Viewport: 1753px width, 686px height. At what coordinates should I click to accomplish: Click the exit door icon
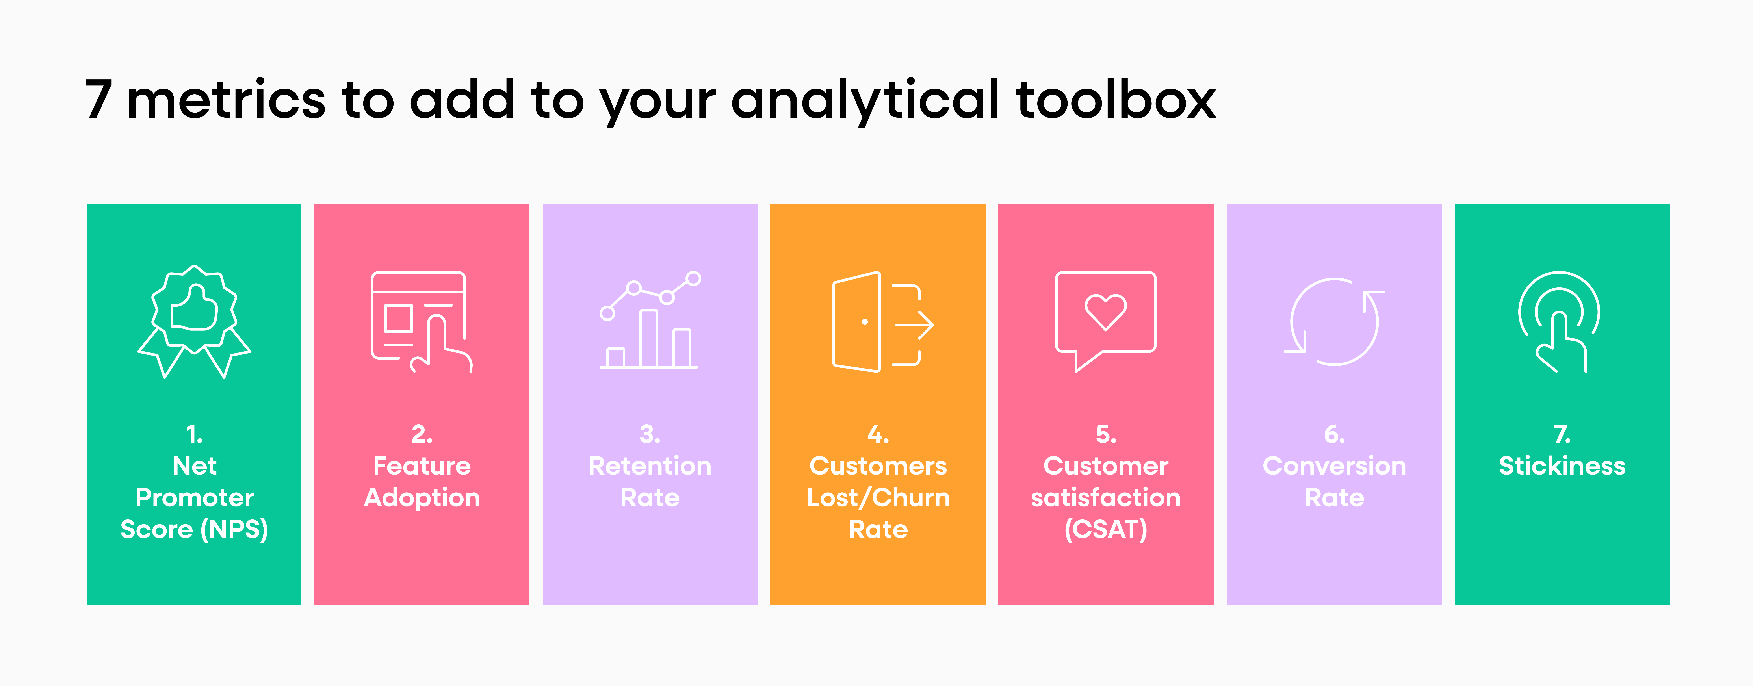pos(858,322)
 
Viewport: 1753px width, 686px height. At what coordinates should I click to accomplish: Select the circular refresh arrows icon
pos(1334,322)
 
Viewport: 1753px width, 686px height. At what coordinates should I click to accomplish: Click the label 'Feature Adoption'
pos(422,482)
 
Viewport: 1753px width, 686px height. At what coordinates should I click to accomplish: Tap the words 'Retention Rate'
pos(650,482)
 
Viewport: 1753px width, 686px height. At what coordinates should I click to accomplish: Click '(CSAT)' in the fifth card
pos(1106,529)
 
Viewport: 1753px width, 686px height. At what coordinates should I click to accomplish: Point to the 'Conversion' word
pos(1334,466)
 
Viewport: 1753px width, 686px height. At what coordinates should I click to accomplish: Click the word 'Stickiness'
pos(1562,466)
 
